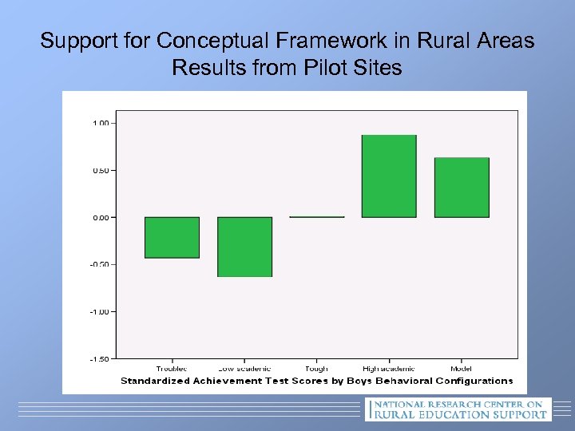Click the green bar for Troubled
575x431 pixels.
(x=172, y=237)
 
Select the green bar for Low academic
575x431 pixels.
(x=244, y=247)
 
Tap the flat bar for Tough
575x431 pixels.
(x=317, y=216)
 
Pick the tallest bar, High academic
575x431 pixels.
(x=389, y=176)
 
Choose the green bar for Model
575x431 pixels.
(x=462, y=188)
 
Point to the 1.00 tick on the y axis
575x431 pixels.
(x=102, y=123)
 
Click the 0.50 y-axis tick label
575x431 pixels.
(x=102, y=170)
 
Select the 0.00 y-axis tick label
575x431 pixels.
(x=102, y=217)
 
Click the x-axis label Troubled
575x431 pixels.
(x=172, y=369)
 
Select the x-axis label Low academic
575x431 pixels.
(x=244, y=369)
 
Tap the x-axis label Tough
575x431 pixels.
(x=317, y=369)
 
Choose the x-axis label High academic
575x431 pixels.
(x=389, y=369)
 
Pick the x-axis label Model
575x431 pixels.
(x=462, y=369)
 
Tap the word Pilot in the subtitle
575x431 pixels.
(x=327, y=68)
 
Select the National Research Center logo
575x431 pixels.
(x=457, y=409)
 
